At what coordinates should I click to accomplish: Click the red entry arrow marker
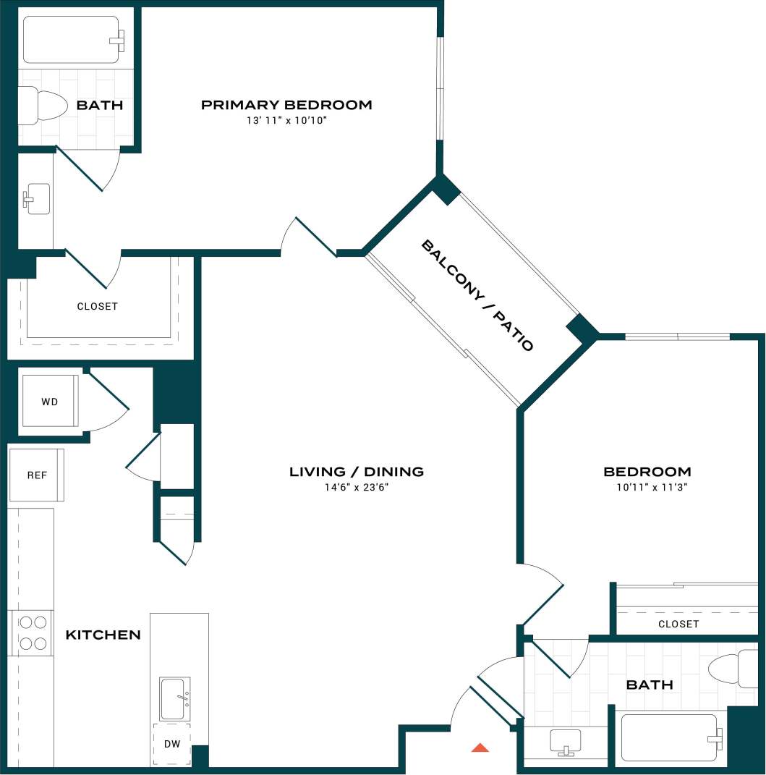coord(480,748)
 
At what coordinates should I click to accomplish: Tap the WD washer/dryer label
coord(49,401)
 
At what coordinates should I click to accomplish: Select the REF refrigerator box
coord(37,475)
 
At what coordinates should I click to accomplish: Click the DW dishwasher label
coord(171,744)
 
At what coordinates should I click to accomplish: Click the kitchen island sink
coord(175,698)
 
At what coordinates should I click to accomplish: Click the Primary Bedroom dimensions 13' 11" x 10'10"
coord(286,121)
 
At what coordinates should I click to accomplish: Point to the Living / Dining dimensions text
coord(357,488)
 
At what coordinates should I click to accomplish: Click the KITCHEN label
coord(103,635)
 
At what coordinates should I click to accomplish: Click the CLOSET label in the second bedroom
coord(678,624)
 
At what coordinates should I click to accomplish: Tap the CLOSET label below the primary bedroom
coord(97,307)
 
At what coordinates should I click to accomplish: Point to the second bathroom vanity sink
coord(566,741)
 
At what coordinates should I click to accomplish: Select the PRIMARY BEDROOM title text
coord(286,105)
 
